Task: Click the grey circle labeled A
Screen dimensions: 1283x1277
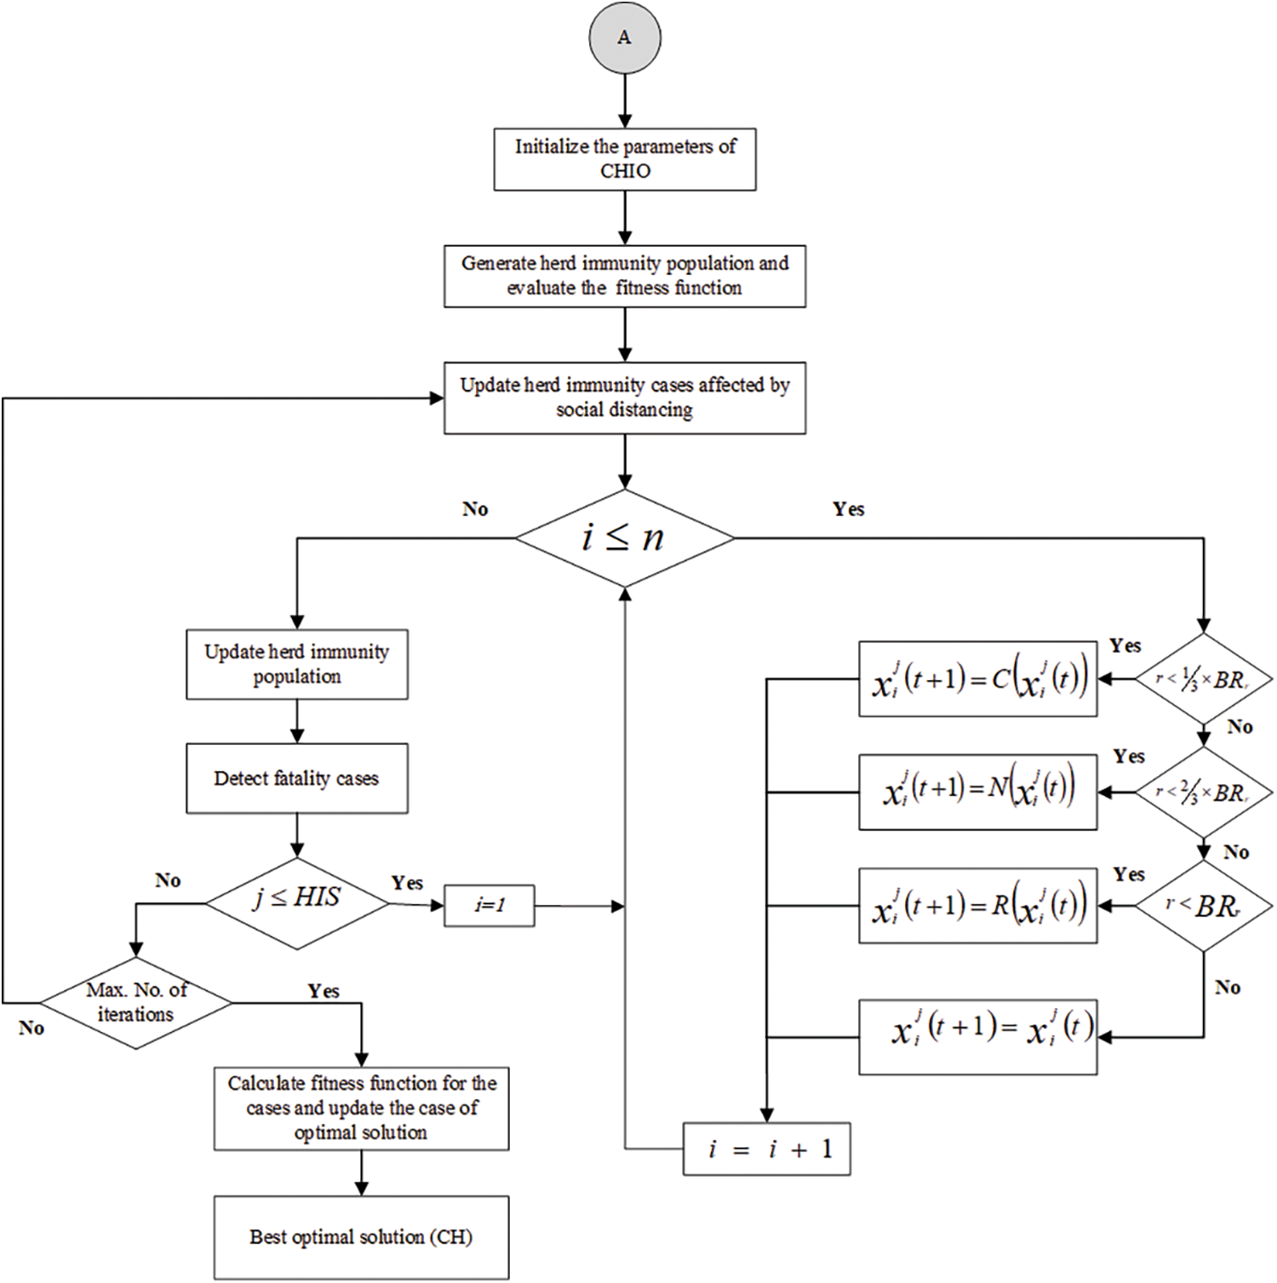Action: click(624, 38)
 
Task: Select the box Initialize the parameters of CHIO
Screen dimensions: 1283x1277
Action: click(624, 159)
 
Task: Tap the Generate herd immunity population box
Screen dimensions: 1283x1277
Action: click(624, 276)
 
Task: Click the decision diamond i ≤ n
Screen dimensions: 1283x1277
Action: click(624, 538)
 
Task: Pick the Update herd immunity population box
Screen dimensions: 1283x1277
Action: click(296, 664)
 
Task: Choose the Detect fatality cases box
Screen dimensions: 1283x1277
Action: click(296, 778)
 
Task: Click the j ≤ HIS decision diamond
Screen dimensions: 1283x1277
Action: click(296, 902)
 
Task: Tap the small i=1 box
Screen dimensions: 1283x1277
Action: click(490, 906)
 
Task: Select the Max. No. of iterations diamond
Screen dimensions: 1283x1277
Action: click(136, 1002)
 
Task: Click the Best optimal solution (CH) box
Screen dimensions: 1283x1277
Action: click(361, 1237)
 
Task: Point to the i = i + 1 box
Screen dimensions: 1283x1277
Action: click(766, 1149)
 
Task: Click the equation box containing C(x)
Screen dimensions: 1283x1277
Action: click(977, 679)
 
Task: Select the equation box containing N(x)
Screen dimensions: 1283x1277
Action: click(977, 792)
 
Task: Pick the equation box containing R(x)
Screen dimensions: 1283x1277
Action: click(977, 906)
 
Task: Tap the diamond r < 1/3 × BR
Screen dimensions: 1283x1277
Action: click(1203, 679)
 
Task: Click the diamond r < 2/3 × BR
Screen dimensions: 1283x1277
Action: click(1203, 792)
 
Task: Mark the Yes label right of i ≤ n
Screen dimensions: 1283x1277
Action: click(848, 509)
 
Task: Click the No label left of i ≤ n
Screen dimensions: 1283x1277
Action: click(475, 509)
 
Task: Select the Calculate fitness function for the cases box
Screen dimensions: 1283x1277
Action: click(361, 1108)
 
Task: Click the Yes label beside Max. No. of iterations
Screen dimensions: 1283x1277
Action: click(324, 991)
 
